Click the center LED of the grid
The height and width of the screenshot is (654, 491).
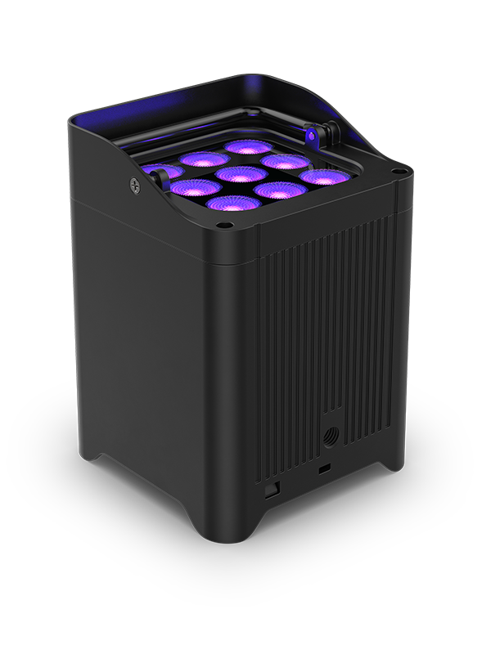(x=241, y=173)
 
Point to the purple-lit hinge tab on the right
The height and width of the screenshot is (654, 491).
(x=315, y=131)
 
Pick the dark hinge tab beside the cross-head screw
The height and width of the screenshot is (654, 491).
(x=150, y=174)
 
